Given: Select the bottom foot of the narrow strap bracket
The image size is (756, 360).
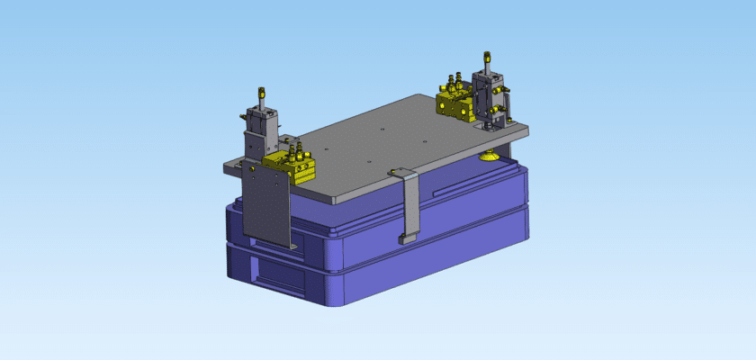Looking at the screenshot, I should (x=407, y=240).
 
